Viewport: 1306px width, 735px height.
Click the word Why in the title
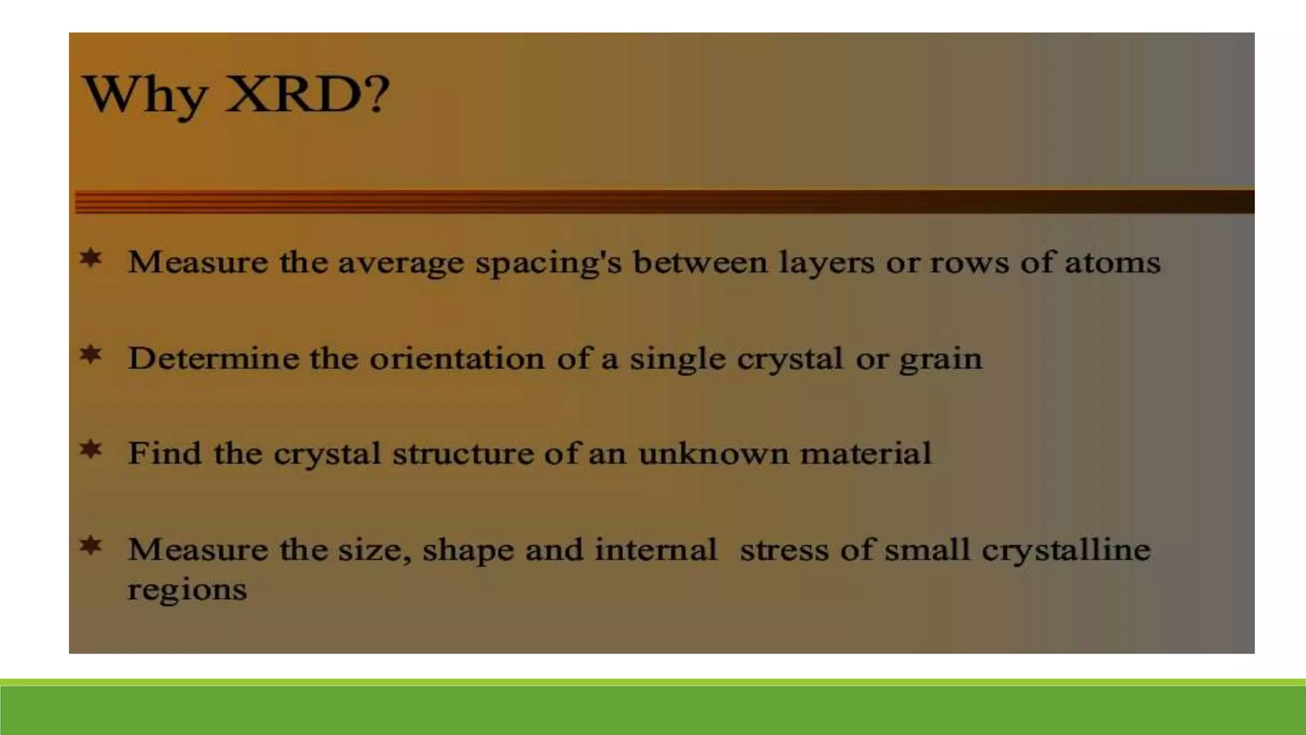click(x=145, y=96)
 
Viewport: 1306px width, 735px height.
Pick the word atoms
click(x=1112, y=262)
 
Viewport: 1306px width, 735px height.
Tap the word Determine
click(x=213, y=358)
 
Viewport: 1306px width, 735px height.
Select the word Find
click(x=165, y=453)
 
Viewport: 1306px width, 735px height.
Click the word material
click(x=865, y=454)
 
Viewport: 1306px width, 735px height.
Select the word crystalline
click(x=1066, y=550)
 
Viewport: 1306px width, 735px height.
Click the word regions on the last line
click(x=187, y=590)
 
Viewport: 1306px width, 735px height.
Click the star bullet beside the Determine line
click(x=91, y=354)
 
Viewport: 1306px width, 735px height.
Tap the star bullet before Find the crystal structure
click(x=91, y=449)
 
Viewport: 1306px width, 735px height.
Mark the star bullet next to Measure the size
click(x=91, y=546)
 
